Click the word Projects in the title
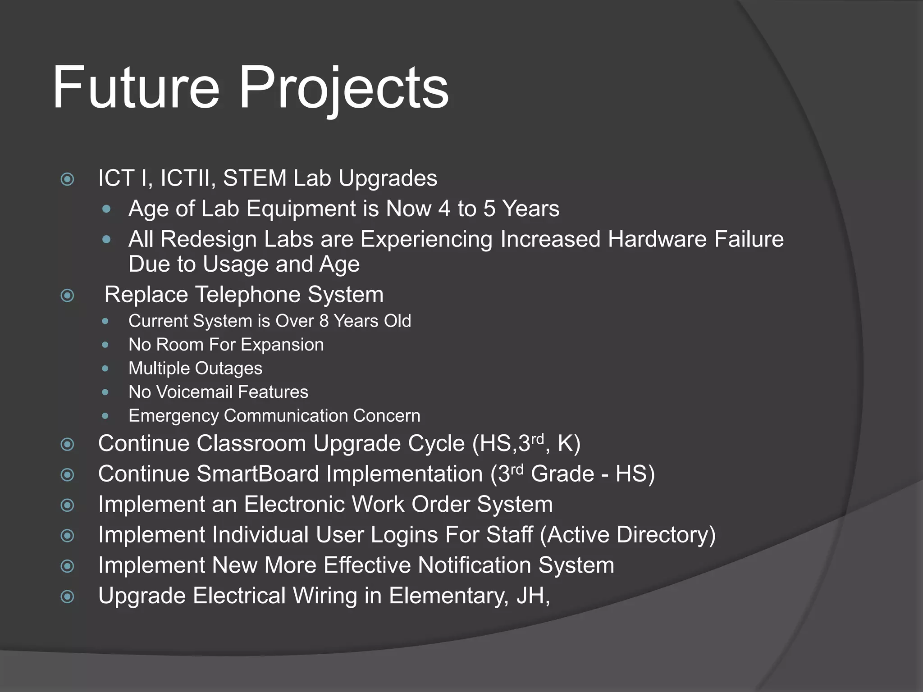coord(343,88)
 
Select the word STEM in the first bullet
coord(255,178)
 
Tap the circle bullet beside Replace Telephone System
coord(68,296)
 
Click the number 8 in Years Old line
coord(324,321)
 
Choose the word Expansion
coord(282,345)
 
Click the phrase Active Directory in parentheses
coord(627,535)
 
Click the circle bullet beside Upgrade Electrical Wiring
coord(68,597)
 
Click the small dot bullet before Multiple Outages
coord(105,369)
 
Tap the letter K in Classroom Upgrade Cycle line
coord(564,443)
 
